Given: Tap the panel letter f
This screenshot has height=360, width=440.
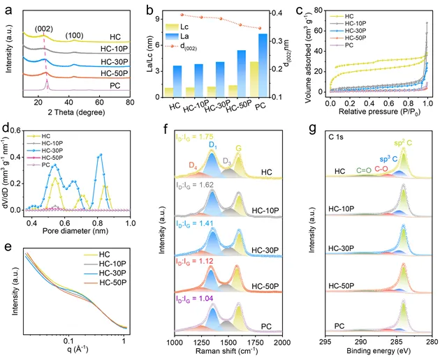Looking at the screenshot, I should (165, 129).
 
